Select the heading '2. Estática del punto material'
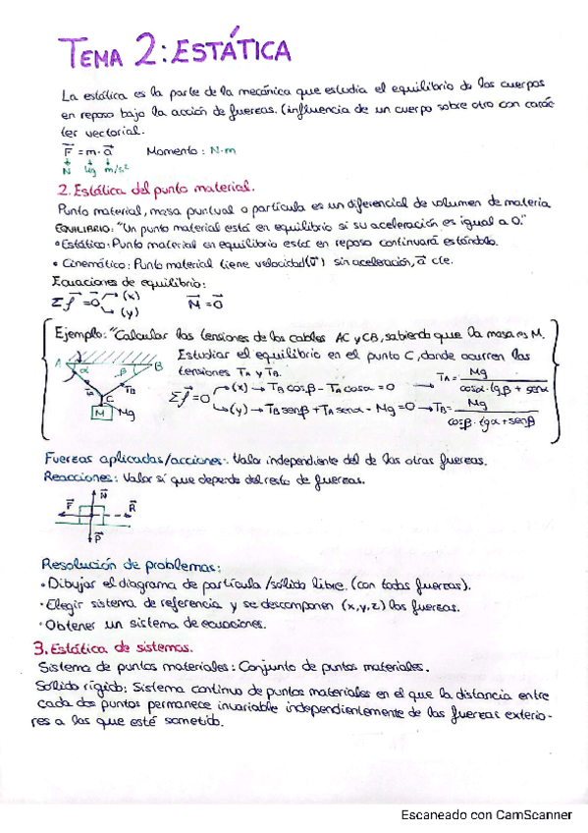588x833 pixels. (157, 186)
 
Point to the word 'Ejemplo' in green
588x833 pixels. (80, 335)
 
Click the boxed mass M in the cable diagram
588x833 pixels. (100, 414)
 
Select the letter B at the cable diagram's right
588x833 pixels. (158, 366)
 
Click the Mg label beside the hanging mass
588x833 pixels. (127, 414)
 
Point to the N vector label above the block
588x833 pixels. (103, 497)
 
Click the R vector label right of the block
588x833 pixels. (132, 508)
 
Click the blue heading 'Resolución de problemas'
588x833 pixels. (131, 565)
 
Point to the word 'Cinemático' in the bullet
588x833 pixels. (85, 263)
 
